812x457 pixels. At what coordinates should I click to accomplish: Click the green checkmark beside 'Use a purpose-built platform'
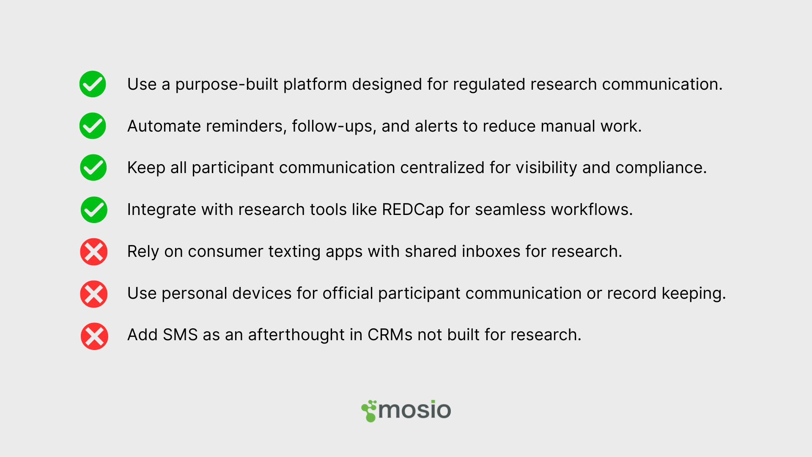(x=93, y=84)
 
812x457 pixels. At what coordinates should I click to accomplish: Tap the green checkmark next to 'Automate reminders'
(x=93, y=126)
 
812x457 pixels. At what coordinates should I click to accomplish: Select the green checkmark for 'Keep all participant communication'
(x=93, y=168)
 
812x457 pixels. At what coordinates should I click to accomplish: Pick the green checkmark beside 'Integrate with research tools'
(x=94, y=209)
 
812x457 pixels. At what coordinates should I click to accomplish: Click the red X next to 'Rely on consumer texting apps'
(x=94, y=252)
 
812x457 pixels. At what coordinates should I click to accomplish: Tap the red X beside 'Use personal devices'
(x=94, y=294)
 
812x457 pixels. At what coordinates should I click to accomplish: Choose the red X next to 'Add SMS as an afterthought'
(x=94, y=336)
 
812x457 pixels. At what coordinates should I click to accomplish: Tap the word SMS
(x=180, y=335)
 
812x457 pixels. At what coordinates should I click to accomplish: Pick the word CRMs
(x=390, y=335)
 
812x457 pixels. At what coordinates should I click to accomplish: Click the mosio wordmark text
(x=415, y=410)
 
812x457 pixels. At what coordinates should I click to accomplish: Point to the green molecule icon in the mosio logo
(x=369, y=411)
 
